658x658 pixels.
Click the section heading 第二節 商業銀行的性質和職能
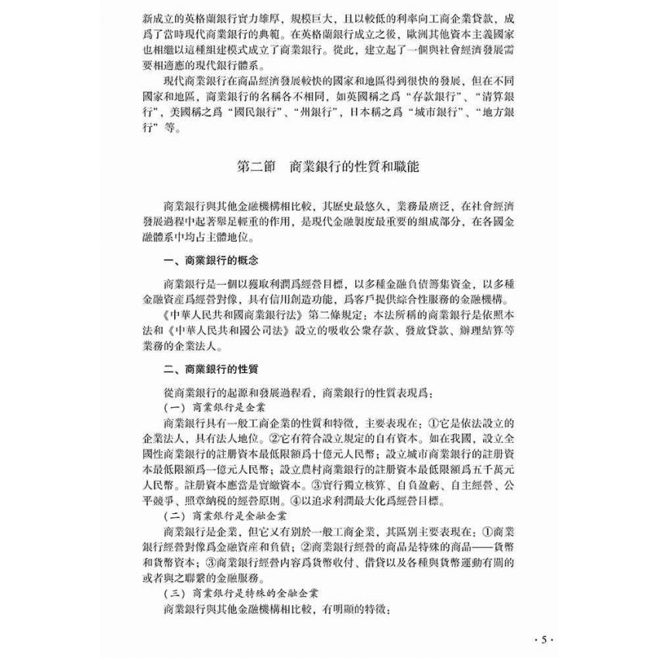tap(328, 166)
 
